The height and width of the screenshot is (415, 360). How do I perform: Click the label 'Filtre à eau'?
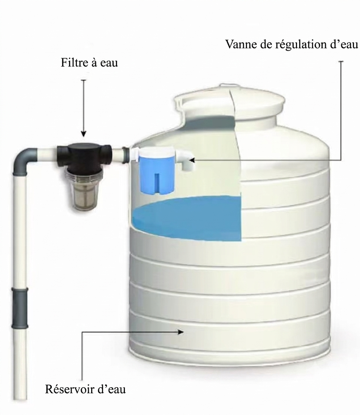89,63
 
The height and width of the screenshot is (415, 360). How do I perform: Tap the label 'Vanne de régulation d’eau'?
292,44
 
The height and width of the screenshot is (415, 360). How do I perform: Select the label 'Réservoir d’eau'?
85,389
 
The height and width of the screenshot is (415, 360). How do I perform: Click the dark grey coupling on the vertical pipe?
19,308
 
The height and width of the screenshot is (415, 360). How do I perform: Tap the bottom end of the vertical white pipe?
20,399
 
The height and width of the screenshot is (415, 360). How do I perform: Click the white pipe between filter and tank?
120,155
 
